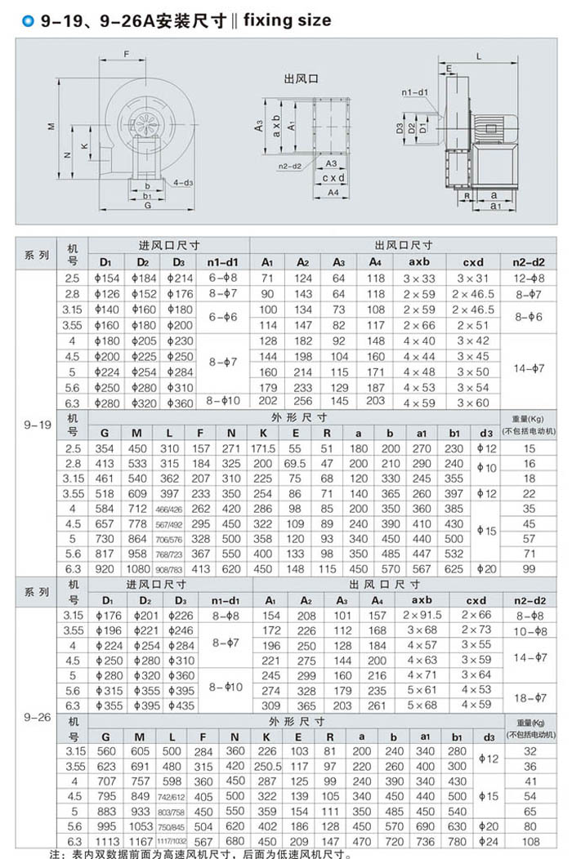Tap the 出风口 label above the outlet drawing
(x=300, y=78)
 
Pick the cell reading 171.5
(x=263, y=449)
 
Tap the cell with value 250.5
(x=266, y=767)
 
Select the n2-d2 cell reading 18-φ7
(x=529, y=697)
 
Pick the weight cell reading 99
(x=530, y=568)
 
